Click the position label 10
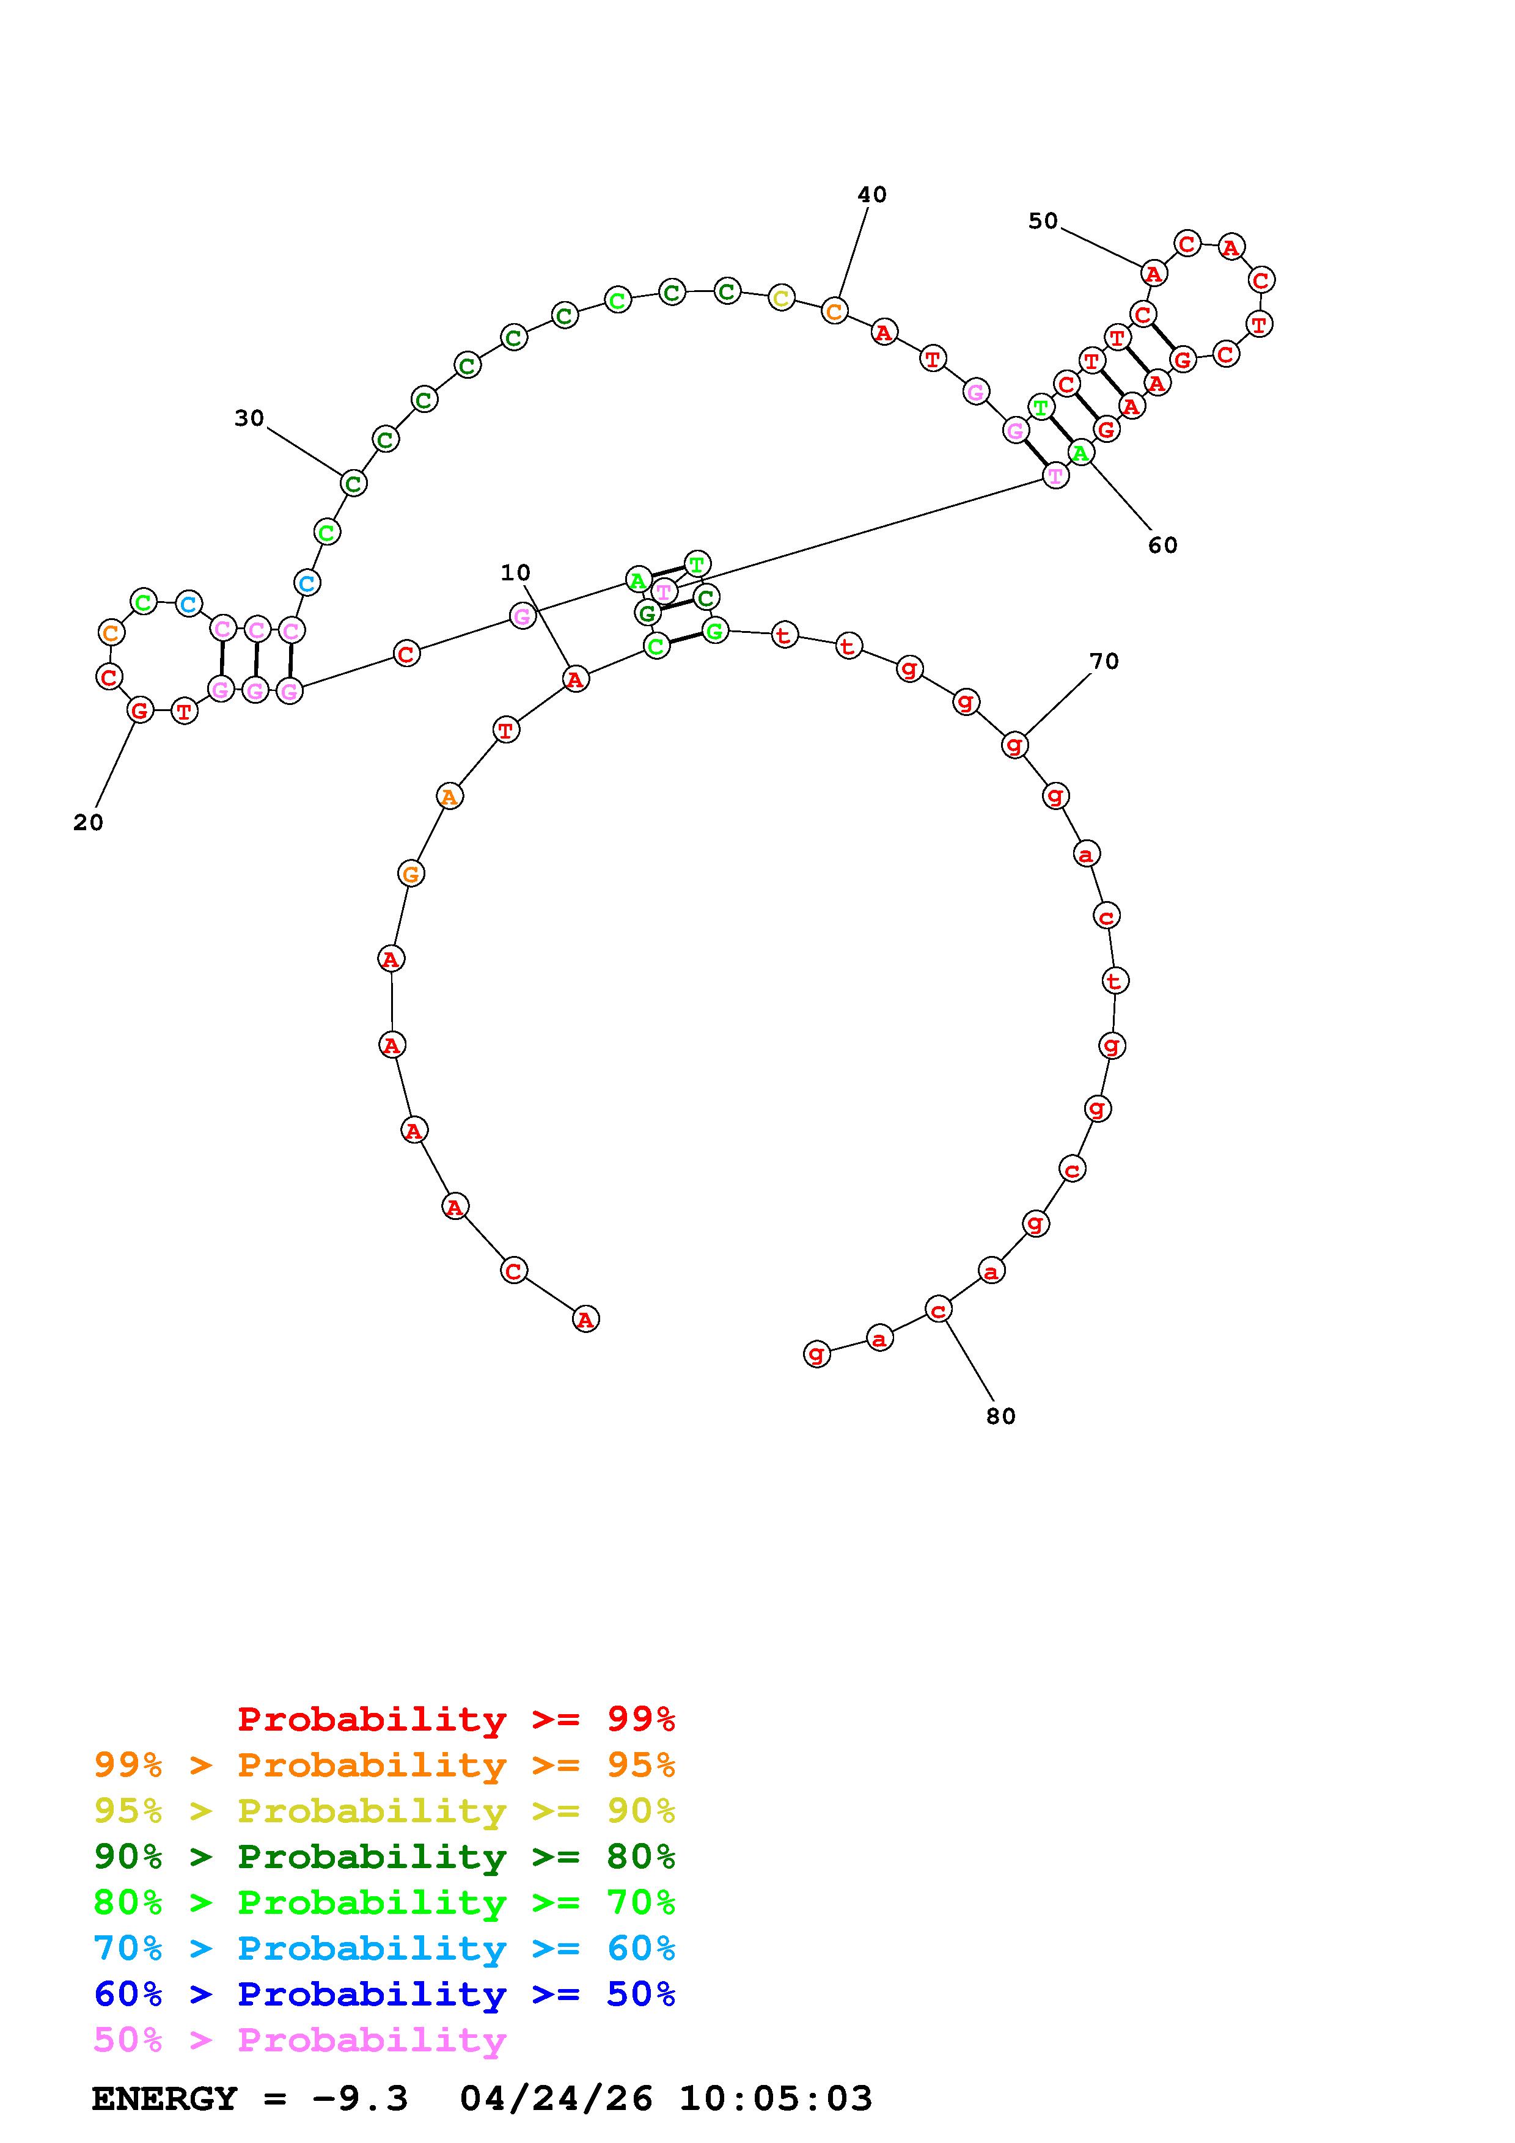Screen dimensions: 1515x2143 pos(515,572)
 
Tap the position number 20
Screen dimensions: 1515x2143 pos(88,822)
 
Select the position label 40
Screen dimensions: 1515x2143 pos(872,194)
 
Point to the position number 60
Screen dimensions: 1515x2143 pos(1163,545)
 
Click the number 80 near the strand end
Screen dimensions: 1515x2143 pos(1000,1416)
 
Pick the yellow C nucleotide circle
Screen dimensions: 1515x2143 pos(781,299)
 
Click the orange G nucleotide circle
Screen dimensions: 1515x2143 pos(411,874)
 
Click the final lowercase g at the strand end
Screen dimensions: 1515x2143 pos(816,1353)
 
